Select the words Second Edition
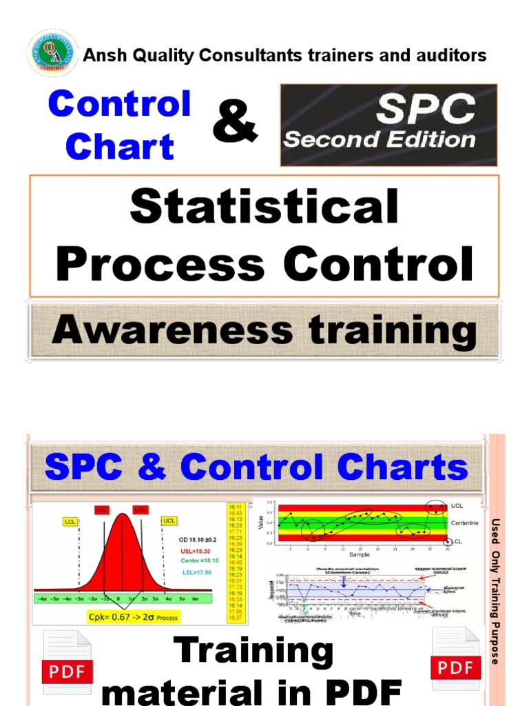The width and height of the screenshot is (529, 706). (x=380, y=140)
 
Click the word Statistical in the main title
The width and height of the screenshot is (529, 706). (x=264, y=206)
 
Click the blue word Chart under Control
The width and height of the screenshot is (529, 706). (x=120, y=146)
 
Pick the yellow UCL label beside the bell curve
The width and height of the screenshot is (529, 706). (x=168, y=521)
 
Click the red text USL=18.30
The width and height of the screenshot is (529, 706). (x=197, y=551)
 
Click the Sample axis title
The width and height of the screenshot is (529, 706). (x=359, y=554)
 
